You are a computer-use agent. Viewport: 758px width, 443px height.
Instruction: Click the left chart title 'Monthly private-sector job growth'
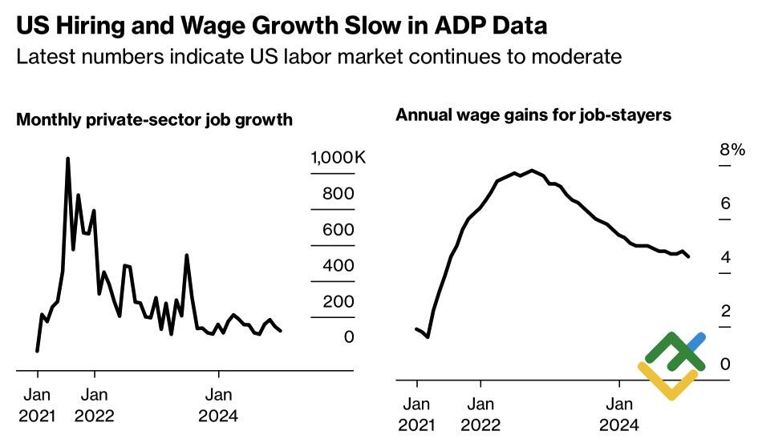(155, 121)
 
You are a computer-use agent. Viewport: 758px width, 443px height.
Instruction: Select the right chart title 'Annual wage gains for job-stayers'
(533, 115)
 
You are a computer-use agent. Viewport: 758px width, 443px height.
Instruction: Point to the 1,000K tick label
(338, 158)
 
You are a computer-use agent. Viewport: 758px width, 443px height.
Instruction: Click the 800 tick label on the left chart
(338, 194)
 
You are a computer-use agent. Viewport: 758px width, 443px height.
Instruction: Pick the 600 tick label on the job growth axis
(338, 230)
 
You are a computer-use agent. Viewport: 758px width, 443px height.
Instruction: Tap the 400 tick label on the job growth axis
(338, 265)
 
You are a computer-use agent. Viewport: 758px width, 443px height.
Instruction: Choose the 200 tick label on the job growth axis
(338, 301)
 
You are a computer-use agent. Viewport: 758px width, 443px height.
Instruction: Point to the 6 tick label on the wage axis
(725, 203)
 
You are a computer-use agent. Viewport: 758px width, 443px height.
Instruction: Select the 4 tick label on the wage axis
(725, 257)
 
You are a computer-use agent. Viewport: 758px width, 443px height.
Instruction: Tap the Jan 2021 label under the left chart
(38, 405)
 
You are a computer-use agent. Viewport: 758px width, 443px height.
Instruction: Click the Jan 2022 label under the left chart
(95, 405)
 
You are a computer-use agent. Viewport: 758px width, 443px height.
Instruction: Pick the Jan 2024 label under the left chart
(219, 405)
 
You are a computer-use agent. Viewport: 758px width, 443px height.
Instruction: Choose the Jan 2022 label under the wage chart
(480, 413)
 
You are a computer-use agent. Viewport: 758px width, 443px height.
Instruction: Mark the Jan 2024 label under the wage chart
(618, 413)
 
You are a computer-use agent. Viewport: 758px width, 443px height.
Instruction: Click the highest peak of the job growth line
(67, 159)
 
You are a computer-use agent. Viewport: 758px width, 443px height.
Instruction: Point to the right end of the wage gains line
(689, 256)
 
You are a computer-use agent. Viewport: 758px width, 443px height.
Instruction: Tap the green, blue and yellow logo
(672, 365)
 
